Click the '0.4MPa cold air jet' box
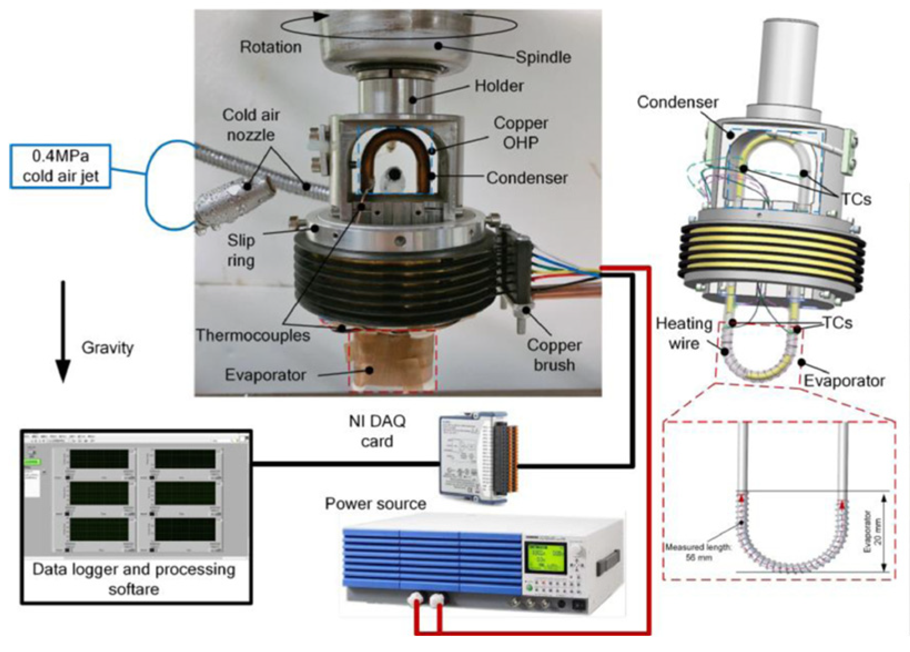(60, 166)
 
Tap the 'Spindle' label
(543, 57)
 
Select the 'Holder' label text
(499, 86)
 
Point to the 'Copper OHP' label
(520, 133)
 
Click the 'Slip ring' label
(241, 250)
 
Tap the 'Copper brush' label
(553, 355)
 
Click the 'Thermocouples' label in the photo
(252, 335)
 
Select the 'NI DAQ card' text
(377, 431)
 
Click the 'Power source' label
(375, 503)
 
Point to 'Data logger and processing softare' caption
(134, 579)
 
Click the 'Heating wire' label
(684, 333)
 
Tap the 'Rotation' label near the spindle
(271, 47)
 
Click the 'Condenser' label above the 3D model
(677, 102)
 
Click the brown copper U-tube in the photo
(395, 139)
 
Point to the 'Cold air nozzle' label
(251, 125)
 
